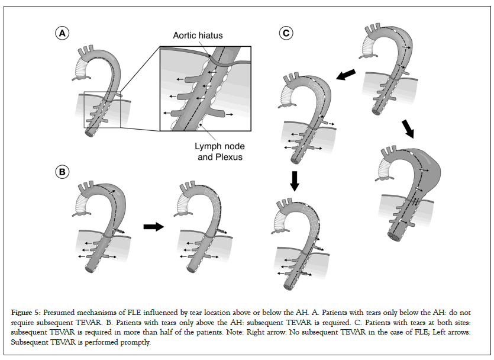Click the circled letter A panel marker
(61, 34)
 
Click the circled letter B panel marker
(61, 172)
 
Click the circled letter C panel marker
(287, 34)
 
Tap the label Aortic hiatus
(198, 36)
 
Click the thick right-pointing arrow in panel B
(154, 227)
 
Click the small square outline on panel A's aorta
(102, 110)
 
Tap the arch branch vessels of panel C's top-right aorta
(373, 30)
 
